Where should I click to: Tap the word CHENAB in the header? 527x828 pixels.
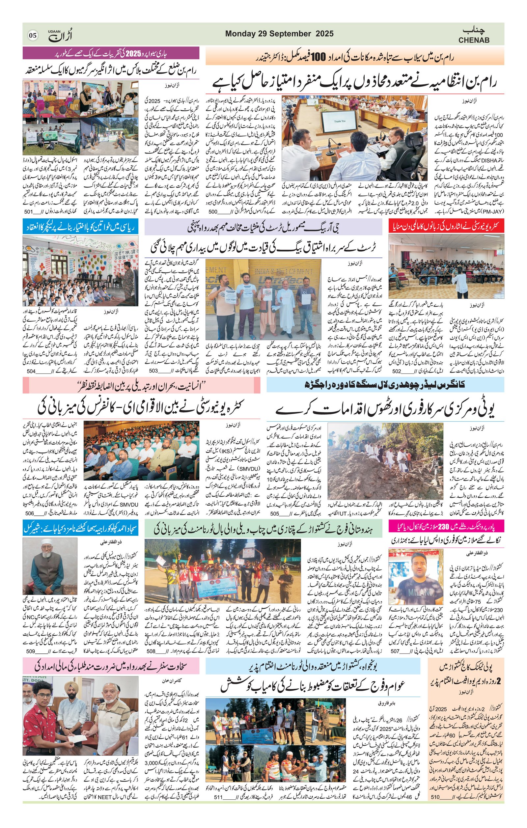pyautogui.click(x=473, y=40)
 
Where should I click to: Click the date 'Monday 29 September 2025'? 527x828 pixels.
pyautogui.click(x=279, y=33)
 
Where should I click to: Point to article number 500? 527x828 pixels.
pyautogui.click(x=213, y=212)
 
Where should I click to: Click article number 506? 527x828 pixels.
pyautogui.click(x=30, y=514)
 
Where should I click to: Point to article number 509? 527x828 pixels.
pyautogui.click(x=31, y=651)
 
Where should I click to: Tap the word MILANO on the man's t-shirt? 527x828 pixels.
pyautogui.click(x=412, y=593)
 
